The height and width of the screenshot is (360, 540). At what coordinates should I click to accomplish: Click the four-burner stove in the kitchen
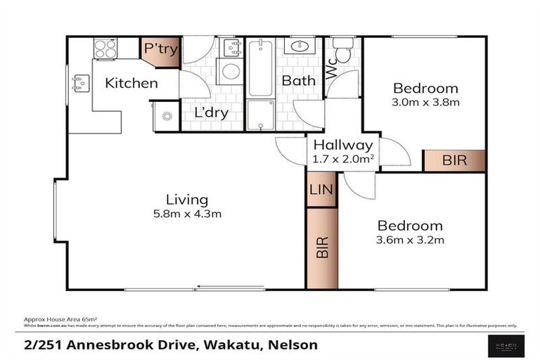pyautogui.click(x=105, y=49)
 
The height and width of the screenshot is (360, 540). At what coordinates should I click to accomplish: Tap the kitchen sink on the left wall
pyautogui.click(x=79, y=84)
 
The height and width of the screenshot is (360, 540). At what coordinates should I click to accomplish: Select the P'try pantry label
pyautogui.click(x=160, y=49)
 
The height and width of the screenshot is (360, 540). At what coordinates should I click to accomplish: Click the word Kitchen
pyautogui.click(x=131, y=84)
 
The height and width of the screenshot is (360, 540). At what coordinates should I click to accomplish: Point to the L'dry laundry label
pyautogui.click(x=211, y=112)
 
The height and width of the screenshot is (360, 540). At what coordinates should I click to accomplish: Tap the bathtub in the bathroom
pyautogui.click(x=260, y=67)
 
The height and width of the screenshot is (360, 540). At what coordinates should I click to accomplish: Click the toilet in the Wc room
pyautogui.click(x=343, y=52)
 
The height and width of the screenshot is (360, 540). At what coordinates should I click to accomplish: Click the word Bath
pyautogui.click(x=298, y=81)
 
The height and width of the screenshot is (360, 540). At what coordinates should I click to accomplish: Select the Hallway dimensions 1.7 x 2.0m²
pyautogui.click(x=342, y=159)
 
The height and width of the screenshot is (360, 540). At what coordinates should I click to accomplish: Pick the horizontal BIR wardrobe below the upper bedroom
pyautogui.click(x=454, y=160)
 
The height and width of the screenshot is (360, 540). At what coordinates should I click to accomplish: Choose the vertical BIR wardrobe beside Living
pyautogui.click(x=322, y=248)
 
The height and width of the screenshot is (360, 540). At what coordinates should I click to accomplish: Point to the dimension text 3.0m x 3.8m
pyautogui.click(x=425, y=103)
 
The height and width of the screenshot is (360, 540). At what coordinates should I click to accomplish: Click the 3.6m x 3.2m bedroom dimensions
pyautogui.click(x=410, y=240)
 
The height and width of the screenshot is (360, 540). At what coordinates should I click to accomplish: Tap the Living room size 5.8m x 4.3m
pyautogui.click(x=187, y=214)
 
